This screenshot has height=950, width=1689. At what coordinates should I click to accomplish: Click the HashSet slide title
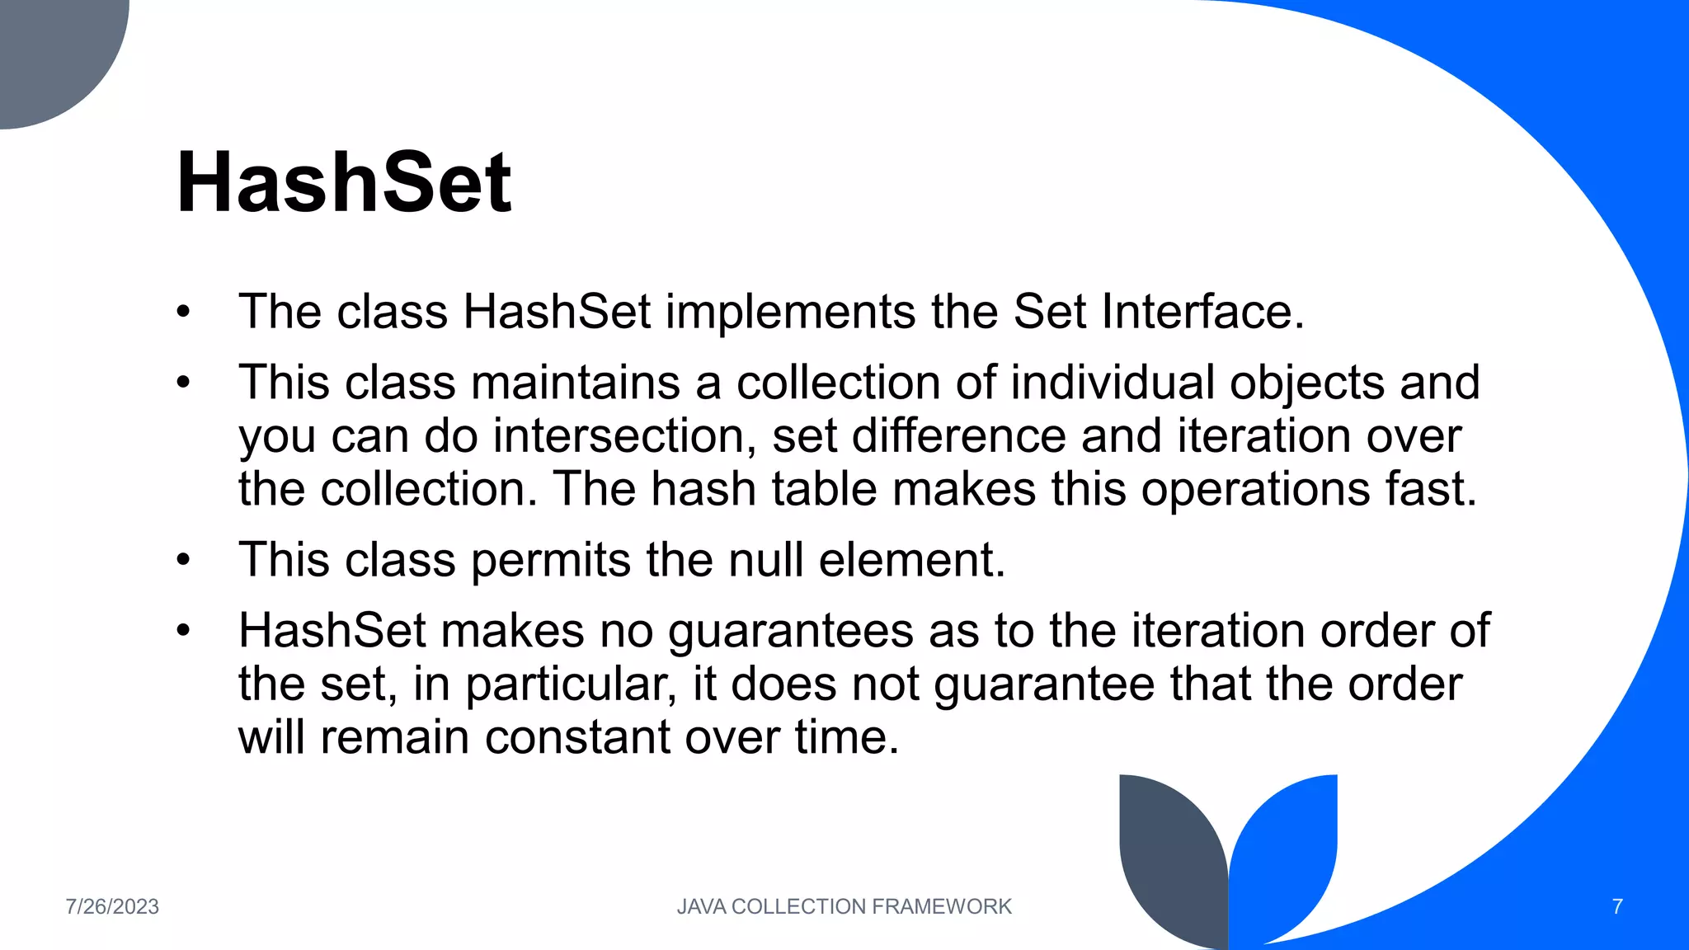[x=344, y=182]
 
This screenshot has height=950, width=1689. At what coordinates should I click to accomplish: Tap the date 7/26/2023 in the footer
[x=112, y=906]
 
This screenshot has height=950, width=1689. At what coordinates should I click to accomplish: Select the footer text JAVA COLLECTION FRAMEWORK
[x=844, y=906]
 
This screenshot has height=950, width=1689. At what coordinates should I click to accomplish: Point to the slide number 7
[x=1616, y=906]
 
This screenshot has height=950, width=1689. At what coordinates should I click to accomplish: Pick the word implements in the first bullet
[x=791, y=313]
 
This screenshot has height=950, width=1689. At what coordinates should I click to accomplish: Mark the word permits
[x=551, y=561]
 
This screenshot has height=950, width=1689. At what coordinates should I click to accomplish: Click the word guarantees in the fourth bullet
[x=790, y=632]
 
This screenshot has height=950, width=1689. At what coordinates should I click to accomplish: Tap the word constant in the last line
[x=576, y=736]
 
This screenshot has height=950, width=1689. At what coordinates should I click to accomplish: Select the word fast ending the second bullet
[x=1430, y=489]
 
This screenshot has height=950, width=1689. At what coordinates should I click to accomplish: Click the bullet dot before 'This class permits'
[x=183, y=561]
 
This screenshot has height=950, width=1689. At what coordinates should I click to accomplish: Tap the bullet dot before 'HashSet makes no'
[x=183, y=632]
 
